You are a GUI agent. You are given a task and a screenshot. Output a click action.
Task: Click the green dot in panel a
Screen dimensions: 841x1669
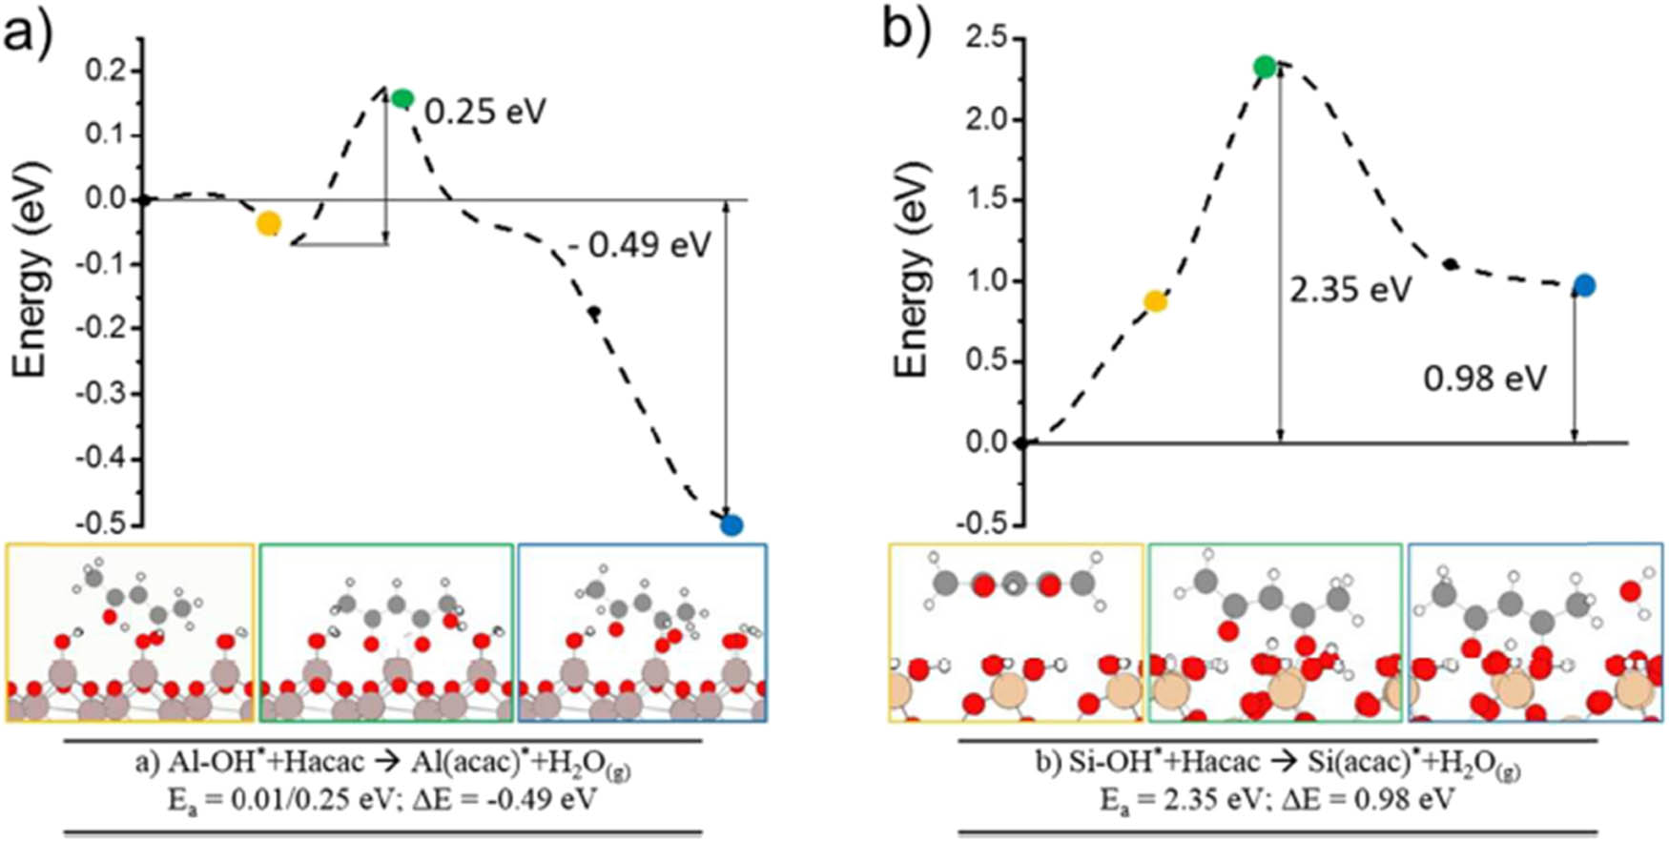point(402,98)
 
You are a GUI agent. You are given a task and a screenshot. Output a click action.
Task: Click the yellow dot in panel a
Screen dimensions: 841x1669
point(269,224)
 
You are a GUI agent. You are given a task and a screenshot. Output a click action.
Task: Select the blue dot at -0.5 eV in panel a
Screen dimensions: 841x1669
point(731,524)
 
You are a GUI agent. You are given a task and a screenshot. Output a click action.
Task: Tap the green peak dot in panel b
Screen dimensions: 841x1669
point(1265,67)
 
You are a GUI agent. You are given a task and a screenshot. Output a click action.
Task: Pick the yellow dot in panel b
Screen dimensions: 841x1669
point(1155,302)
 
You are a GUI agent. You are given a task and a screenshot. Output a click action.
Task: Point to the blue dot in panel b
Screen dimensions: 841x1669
point(1584,285)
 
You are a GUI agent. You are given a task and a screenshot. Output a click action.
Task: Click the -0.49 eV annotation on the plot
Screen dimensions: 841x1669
point(639,245)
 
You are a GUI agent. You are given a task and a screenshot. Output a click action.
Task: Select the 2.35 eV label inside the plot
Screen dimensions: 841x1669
point(1350,289)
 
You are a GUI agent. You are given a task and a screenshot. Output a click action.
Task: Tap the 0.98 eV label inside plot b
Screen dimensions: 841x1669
point(1485,379)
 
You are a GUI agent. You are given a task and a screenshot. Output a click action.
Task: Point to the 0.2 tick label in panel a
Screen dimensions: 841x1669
point(105,71)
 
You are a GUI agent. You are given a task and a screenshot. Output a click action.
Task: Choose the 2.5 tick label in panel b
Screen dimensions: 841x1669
point(987,39)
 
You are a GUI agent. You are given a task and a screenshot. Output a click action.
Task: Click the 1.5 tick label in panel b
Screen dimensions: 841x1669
point(987,200)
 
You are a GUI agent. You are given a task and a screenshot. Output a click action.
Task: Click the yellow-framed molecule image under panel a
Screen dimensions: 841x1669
point(131,632)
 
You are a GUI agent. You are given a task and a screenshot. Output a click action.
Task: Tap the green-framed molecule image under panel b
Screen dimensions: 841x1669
point(1275,632)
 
